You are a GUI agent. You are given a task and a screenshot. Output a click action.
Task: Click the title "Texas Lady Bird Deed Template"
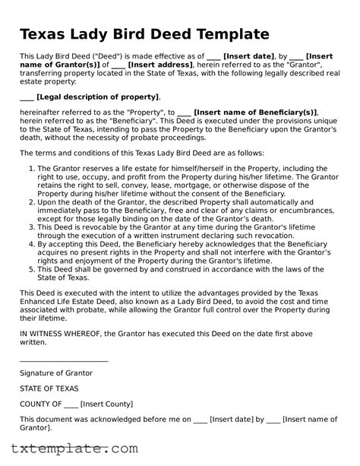(144, 35)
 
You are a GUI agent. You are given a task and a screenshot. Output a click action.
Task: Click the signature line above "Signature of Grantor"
(64, 361)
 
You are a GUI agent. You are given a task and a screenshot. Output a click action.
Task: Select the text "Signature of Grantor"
(56, 373)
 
